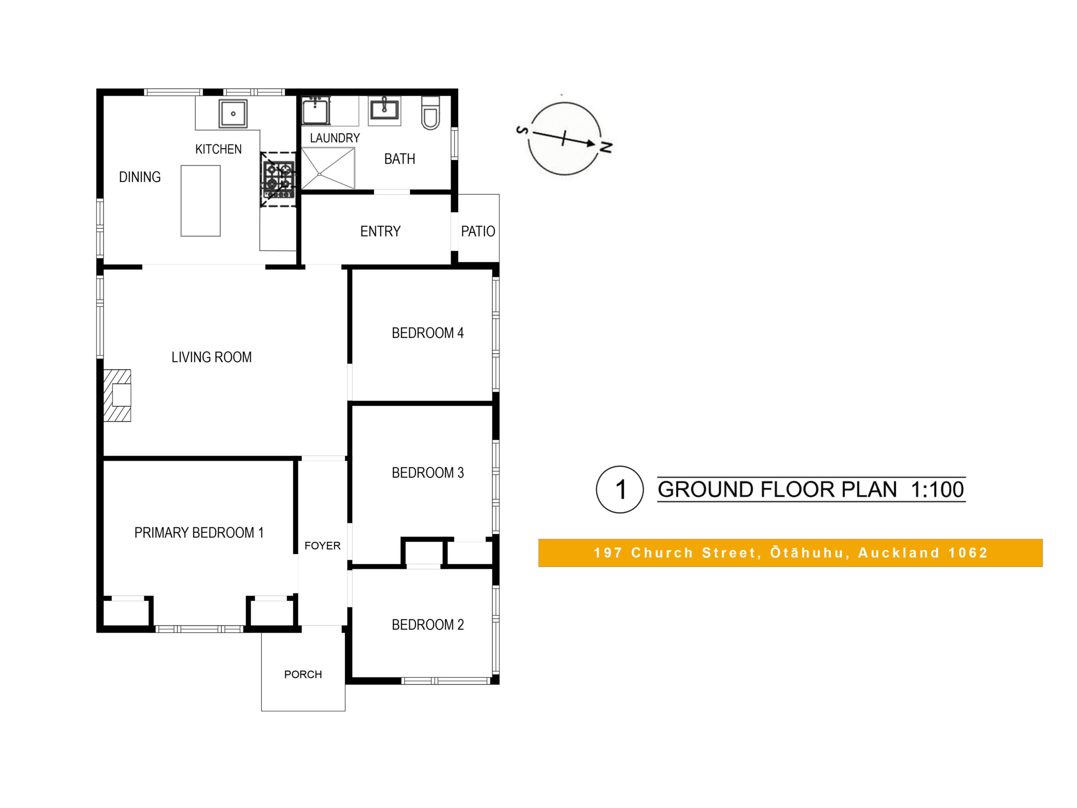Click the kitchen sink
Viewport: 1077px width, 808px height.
[233, 114]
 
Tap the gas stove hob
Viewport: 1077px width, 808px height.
[279, 180]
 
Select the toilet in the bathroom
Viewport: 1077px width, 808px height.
[430, 113]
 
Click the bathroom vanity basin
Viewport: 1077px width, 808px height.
[385, 110]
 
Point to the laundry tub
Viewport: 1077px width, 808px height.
[316, 111]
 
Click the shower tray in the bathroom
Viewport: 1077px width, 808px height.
[328, 168]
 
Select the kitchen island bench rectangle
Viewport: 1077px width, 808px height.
[201, 201]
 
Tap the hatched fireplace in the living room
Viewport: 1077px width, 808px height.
[117, 395]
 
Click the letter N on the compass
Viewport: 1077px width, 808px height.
[605, 146]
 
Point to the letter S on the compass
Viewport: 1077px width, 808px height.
[522, 130]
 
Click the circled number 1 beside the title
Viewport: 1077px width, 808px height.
[620, 489]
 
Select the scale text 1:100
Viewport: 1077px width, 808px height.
[937, 489]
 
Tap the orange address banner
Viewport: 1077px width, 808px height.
[791, 553]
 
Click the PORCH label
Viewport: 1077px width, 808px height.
[303, 675]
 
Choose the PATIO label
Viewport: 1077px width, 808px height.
[478, 231]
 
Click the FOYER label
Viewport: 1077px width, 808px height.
[322, 545]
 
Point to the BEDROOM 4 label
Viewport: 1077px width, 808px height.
[427, 333]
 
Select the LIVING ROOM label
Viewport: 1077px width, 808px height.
[211, 357]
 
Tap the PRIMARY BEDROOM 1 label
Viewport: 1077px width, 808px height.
[199, 532]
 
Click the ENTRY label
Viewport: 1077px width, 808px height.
[380, 231]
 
